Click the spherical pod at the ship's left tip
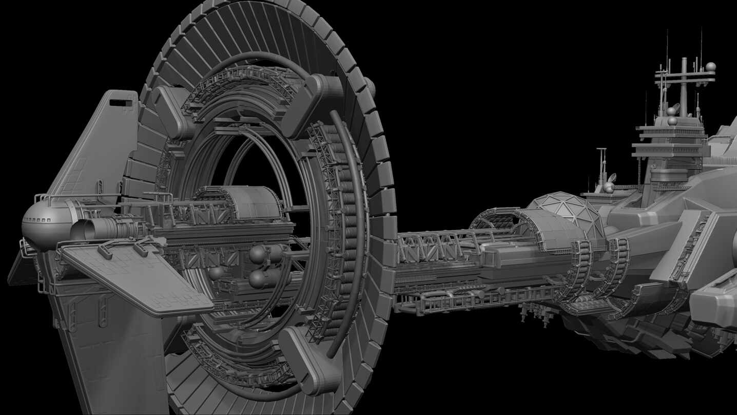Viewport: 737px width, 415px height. (x=45, y=225)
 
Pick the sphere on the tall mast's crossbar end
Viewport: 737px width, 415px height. (x=711, y=66)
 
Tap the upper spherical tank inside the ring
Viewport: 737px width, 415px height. (x=260, y=254)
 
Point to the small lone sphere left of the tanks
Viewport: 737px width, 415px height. (x=216, y=272)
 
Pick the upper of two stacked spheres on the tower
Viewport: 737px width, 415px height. (x=671, y=111)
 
